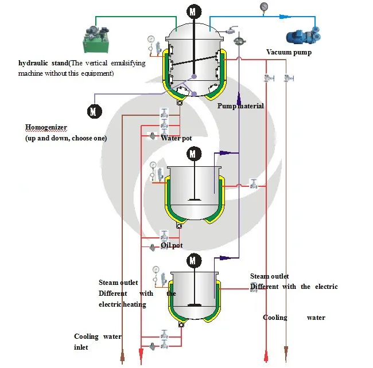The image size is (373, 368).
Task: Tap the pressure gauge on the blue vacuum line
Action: (263, 7)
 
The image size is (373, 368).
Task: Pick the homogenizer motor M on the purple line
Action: (94, 111)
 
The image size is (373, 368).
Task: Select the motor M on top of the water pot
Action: (194, 154)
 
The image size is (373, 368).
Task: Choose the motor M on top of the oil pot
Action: (193, 261)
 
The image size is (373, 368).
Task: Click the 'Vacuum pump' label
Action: (289, 52)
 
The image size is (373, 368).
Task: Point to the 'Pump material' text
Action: (240, 106)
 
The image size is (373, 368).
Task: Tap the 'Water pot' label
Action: (176, 138)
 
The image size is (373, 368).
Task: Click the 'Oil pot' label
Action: (172, 245)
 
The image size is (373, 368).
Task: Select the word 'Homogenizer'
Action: (46, 127)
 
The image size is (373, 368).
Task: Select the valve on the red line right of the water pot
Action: (252, 184)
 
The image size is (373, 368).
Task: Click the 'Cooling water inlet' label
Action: (97, 342)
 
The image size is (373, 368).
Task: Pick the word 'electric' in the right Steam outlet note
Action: (325, 287)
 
